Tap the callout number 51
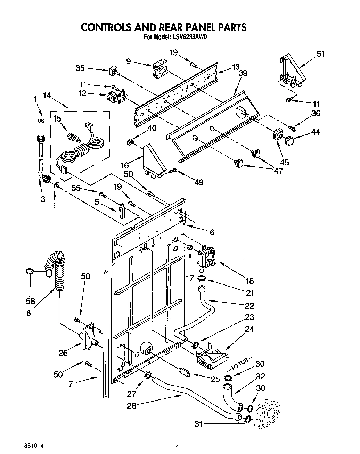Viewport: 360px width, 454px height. point(320,54)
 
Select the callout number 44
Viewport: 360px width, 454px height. point(316,132)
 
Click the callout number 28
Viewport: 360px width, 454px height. point(131,405)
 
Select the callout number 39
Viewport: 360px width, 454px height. point(243,73)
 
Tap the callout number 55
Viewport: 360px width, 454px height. point(76,188)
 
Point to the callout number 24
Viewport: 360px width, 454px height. point(250,329)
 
